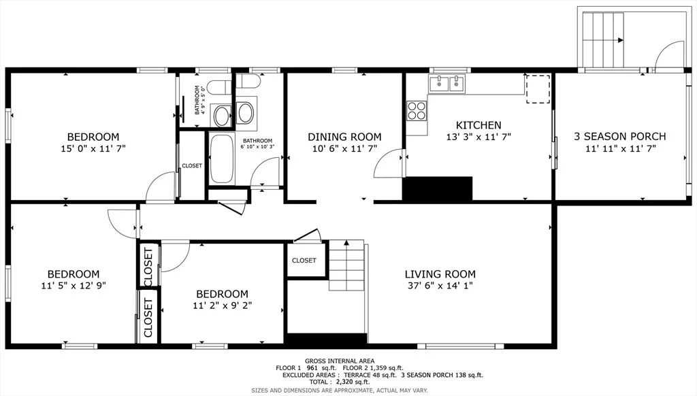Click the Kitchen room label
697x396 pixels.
[x=479, y=125]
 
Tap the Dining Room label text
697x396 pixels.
[x=344, y=137]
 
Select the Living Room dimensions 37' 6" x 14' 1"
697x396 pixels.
[x=440, y=286]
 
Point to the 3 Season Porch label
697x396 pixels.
[x=619, y=137]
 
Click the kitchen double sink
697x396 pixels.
[x=447, y=84]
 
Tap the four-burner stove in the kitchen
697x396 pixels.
[x=417, y=111]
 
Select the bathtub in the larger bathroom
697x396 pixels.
[x=222, y=159]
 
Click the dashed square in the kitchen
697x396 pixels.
[x=538, y=89]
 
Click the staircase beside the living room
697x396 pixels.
[x=346, y=265]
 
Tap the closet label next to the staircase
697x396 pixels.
[x=304, y=261]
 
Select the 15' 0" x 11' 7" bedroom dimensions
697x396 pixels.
[x=93, y=148]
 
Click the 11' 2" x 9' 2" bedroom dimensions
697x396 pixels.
[x=223, y=306]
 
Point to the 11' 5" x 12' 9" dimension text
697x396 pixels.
[x=74, y=286]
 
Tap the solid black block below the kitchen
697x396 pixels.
[x=438, y=188]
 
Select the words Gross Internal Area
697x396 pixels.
[x=340, y=361]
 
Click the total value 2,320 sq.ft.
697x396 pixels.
[x=353, y=382]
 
